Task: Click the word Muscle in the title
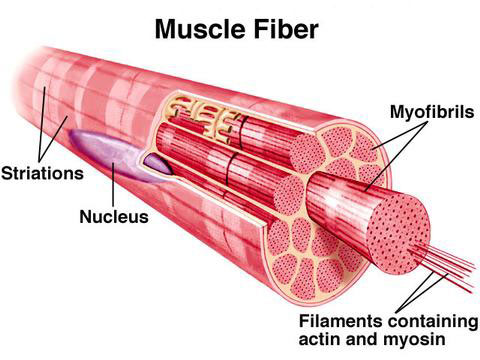[201, 29]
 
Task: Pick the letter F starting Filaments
[303, 321]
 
